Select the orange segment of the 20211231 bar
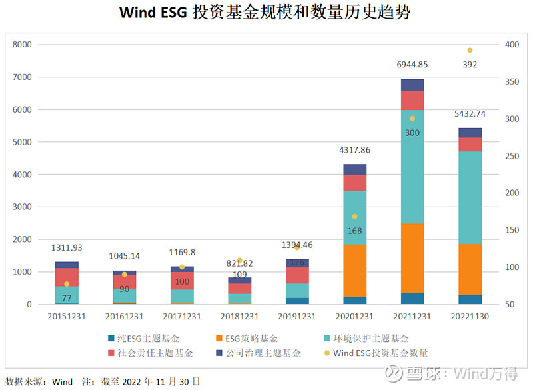(412, 258)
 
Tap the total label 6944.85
(412, 65)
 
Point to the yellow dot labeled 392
(470, 50)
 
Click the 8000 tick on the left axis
(23, 45)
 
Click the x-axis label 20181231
(239, 316)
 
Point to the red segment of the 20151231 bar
(67, 277)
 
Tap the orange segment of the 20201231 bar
(355, 271)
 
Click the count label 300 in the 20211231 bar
(412, 133)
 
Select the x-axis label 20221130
(470, 316)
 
